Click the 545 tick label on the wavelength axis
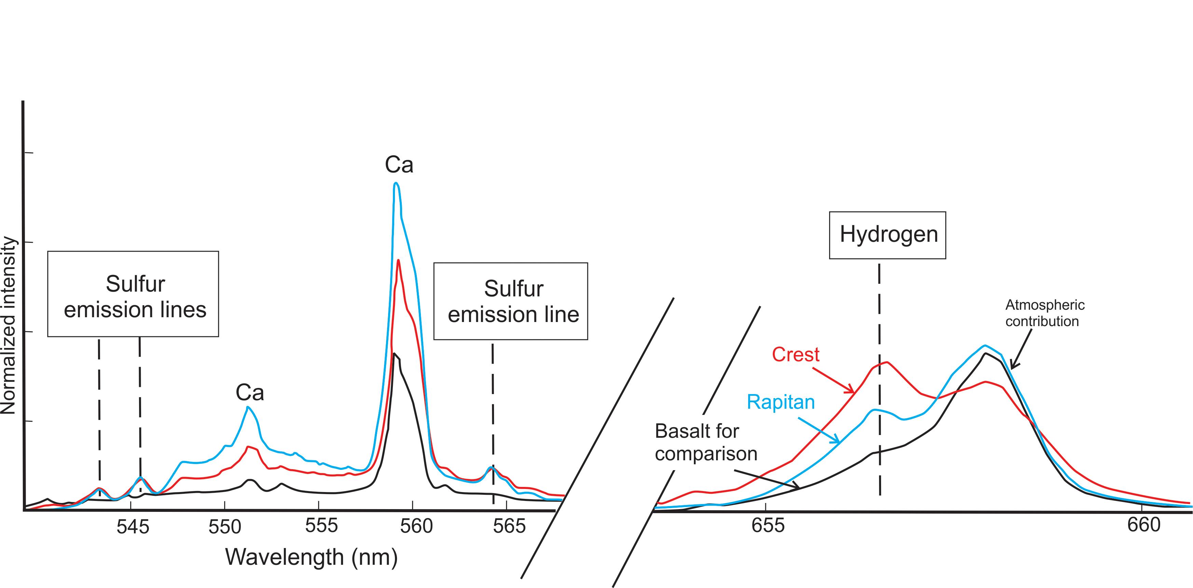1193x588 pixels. coord(133,527)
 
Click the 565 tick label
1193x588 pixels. coord(509,526)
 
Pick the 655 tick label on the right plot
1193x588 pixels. coord(768,525)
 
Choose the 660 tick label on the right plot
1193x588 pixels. coord(1143,524)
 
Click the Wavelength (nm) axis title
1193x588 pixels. coord(311,557)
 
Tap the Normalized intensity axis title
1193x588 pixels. coord(8,325)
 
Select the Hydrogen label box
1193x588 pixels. coord(887,235)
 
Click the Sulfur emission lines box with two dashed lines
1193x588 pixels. coord(133,294)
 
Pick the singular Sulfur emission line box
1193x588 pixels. coord(511,301)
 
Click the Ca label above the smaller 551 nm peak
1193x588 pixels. coord(250,393)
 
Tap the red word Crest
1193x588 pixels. coord(795,355)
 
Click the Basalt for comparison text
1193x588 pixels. coord(705,442)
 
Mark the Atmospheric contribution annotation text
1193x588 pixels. coord(1044,313)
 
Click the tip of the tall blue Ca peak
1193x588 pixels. coord(396,183)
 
